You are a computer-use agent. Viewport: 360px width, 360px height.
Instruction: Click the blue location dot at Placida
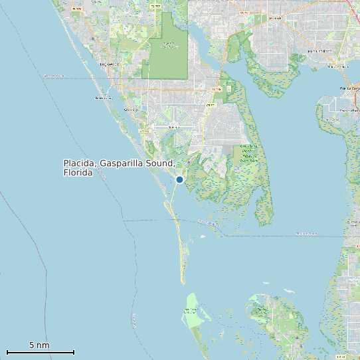click(179, 179)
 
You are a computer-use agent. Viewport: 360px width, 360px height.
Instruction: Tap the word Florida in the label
click(78, 173)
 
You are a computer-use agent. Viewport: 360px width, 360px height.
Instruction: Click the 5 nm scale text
click(39, 345)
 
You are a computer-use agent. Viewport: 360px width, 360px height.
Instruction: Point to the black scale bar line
click(40, 352)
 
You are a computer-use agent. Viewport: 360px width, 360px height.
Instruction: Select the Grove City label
click(130, 109)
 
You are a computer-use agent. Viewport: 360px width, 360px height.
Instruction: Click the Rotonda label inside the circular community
click(175, 126)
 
